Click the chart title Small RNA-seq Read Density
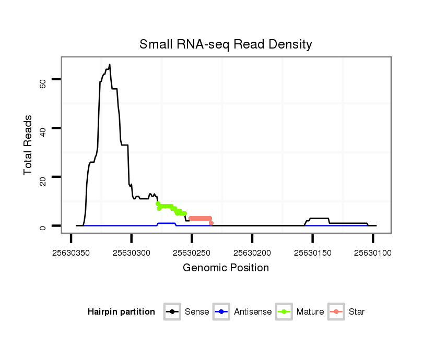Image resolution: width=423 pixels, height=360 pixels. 226,44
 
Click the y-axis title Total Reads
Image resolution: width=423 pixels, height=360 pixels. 28,145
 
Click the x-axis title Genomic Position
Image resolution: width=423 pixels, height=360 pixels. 226,268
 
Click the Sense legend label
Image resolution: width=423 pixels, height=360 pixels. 197,312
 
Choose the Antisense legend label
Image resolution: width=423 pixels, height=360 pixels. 253,312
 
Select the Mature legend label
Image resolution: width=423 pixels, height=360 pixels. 310,312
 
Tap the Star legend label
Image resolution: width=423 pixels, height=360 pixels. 357,312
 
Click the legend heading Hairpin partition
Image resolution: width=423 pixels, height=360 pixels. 121,312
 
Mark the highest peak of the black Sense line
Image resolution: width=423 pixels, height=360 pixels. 110,65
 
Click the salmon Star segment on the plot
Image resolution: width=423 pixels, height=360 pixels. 200,218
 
